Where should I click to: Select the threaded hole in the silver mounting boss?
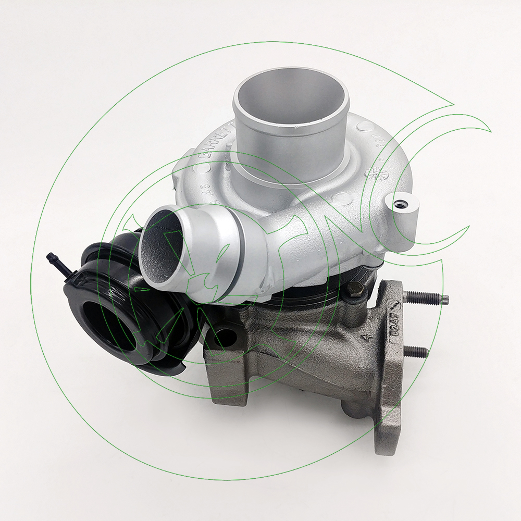(401, 205)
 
